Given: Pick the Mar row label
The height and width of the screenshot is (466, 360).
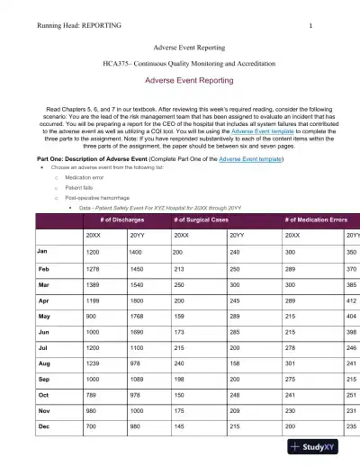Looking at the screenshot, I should click(x=43, y=283).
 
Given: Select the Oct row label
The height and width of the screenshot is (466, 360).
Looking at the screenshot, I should click(x=43, y=393).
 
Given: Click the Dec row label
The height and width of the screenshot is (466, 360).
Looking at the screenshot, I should click(x=43, y=425).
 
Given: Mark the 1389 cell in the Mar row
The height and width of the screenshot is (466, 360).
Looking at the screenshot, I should click(x=94, y=283).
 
